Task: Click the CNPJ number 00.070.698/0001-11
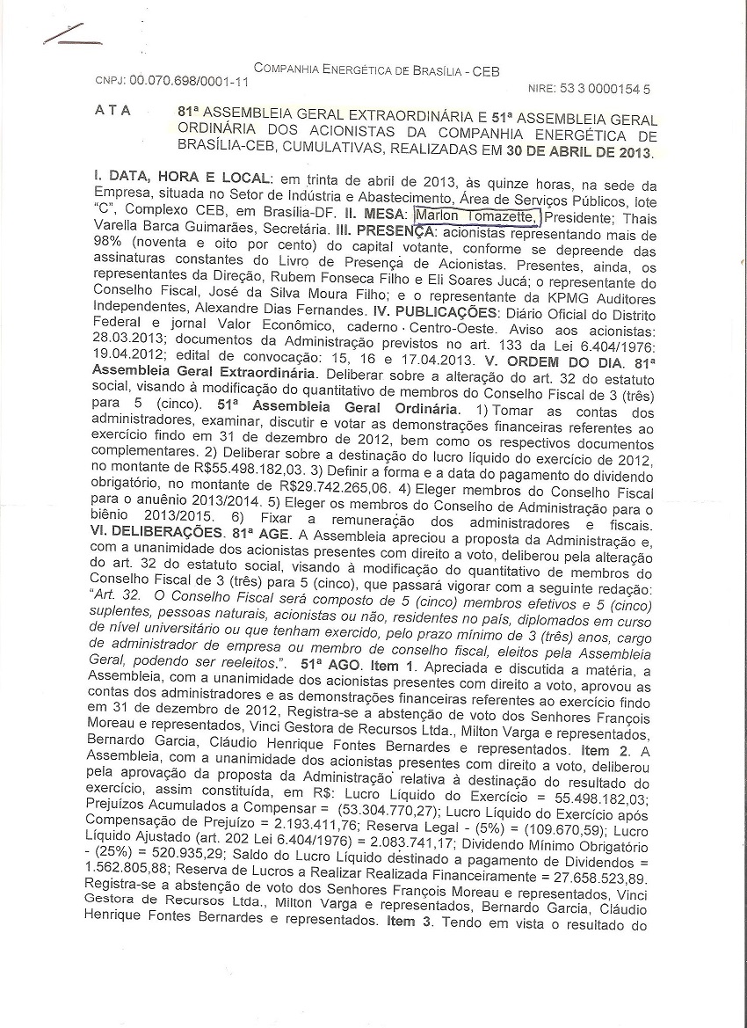(x=189, y=80)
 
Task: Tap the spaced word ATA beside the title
(x=112, y=111)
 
